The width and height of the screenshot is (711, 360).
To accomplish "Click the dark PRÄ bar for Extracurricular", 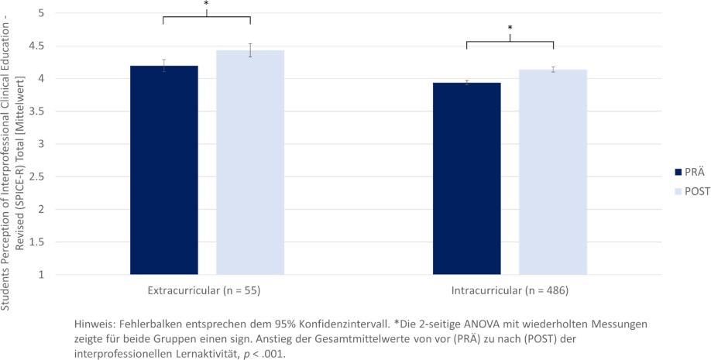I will (x=163, y=170).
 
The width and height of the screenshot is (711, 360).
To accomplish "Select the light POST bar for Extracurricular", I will (x=250, y=163).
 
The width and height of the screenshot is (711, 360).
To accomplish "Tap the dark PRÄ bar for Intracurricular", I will (x=466, y=178).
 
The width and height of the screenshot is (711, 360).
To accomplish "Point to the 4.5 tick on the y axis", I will (x=38, y=46).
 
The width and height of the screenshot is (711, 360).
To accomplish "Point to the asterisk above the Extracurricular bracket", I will (x=206, y=5).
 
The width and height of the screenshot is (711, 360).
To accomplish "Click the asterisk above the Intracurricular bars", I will (x=510, y=29).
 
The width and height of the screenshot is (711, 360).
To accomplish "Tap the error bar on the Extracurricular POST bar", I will (x=250, y=50).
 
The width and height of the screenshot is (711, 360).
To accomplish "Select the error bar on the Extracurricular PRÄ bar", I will (x=163, y=66).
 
